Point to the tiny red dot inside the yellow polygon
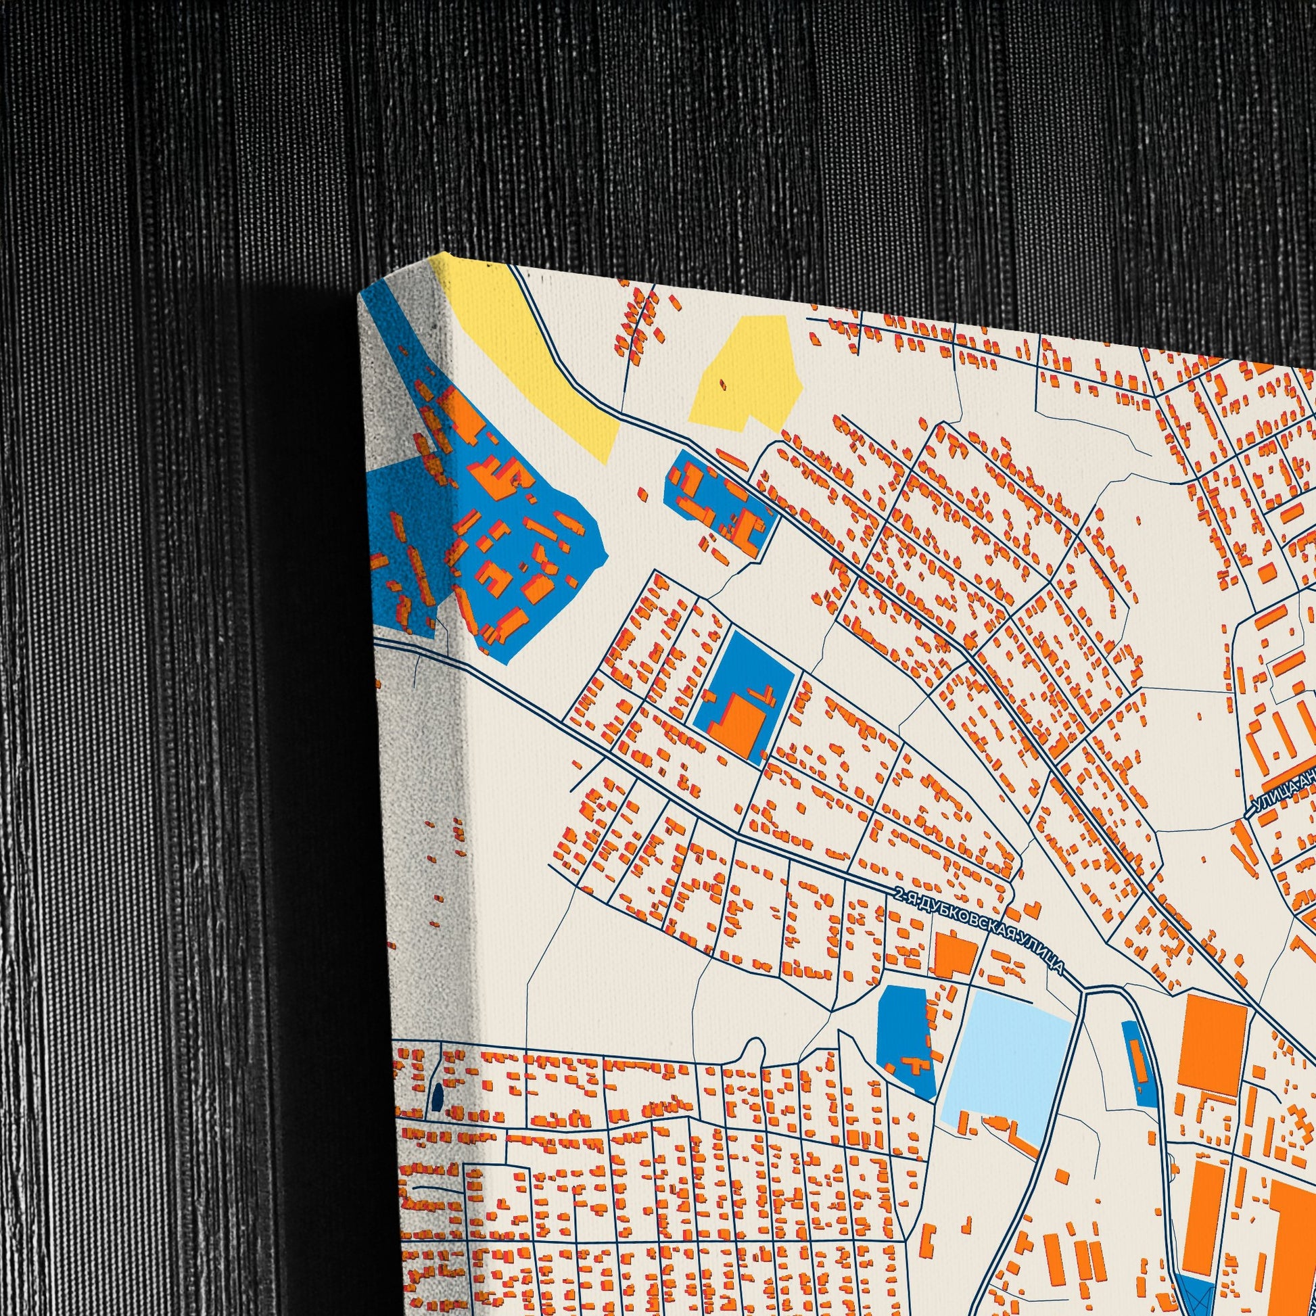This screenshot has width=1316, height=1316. tap(723, 385)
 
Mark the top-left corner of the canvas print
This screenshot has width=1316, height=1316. tap(360, 298)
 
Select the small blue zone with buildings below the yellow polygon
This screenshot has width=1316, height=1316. tap(721, 502)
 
